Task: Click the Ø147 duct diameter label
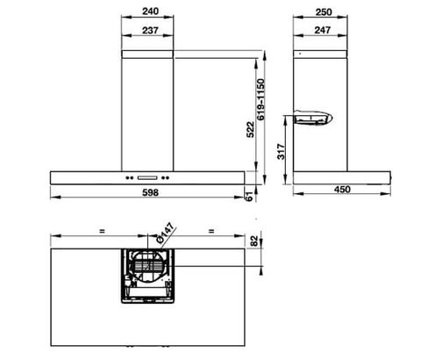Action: tap(163, 233)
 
